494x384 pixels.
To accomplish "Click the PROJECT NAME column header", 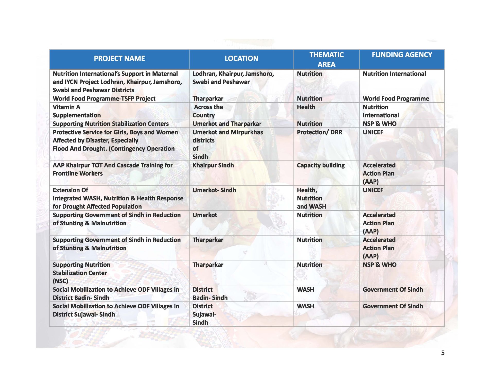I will (119, 59).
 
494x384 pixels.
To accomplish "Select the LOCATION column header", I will (241, 59).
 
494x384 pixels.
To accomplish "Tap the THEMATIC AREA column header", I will (326, 59).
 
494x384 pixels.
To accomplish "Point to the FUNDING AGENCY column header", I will (402, 55).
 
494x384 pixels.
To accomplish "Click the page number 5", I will (443, 353).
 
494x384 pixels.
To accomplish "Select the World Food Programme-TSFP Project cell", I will (104, 99).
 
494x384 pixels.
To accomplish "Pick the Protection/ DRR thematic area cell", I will (319, 132).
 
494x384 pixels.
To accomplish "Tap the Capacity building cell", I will (321, 165).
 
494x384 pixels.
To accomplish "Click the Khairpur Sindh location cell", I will (213, 165).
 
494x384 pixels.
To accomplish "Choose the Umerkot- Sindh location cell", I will (214, 190).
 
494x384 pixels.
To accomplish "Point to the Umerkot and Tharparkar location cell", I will (227, 124).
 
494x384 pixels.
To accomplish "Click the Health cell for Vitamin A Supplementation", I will (306, 107).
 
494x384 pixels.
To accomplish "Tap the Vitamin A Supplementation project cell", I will (76, 111).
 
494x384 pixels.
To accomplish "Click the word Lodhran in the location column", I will (205, 74).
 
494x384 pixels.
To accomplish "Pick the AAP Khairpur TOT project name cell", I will (112, 169).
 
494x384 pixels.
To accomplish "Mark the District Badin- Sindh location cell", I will (210, 293).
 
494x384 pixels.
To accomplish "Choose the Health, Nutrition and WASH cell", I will (311, 198).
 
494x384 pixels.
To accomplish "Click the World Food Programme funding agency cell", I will (396, 99).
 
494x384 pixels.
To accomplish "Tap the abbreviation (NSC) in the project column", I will (60, 281).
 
